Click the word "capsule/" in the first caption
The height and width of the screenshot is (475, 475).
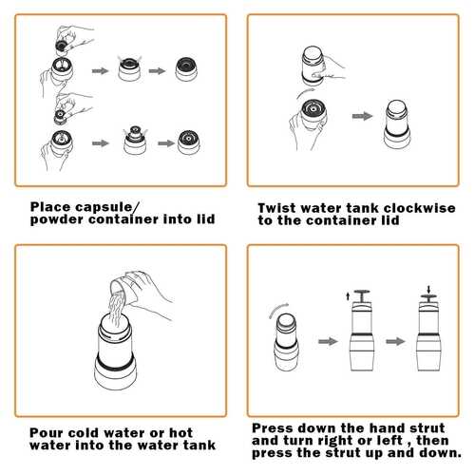[106, 208]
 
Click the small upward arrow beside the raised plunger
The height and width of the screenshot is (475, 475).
[348, 296]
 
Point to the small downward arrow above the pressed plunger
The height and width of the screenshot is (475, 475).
[428, 290]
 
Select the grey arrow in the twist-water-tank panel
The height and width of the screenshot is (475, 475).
[362, 116]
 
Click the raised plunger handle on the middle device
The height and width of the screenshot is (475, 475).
[362, 295]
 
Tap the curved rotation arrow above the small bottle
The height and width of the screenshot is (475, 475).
[278, 310]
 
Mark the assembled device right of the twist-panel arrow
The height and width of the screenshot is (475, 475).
[397, 123]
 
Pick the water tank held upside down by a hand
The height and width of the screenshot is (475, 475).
[313, 66]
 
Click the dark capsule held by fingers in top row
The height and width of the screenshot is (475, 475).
[61, 46]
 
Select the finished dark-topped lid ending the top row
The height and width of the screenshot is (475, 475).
[186, 69]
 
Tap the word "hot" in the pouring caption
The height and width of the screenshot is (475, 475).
[180, 432]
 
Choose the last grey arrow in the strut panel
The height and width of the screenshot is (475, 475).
[395, 341]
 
